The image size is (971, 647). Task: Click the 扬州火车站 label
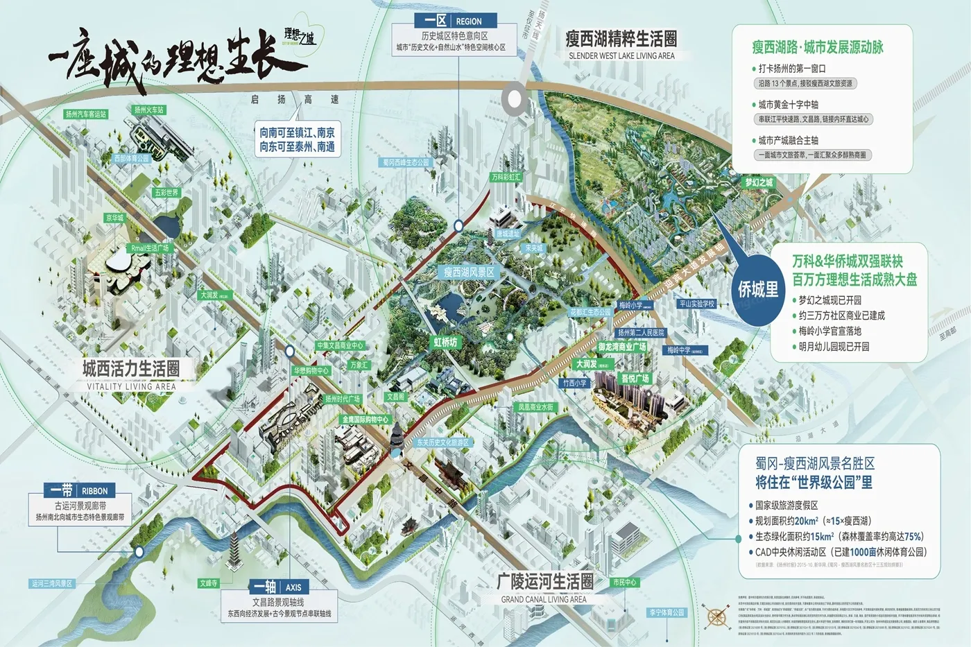tap(149, 110)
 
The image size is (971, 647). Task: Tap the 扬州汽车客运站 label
tap(86, 114)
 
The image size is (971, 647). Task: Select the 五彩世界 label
tap(166, 193)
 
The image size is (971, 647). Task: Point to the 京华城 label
tap(114, 218)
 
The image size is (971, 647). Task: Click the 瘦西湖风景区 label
tap(470, 273)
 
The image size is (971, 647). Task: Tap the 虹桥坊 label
tap(446, 342)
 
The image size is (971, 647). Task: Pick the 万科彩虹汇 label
tap(506, 177)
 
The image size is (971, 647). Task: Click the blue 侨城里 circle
tap(758, 289)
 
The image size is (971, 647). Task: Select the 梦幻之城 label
tap(759, 182)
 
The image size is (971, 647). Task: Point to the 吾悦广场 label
tap(635, 379)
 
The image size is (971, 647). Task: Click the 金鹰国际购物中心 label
tap(366, 420)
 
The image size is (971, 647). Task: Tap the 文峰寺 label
tap(209, 583)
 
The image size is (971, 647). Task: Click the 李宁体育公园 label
tap(667, 612)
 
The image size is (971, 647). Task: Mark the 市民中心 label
tap(625, 582)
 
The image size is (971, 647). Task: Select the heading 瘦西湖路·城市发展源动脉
tap(818, 47)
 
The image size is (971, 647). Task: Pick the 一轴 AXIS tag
tap(277, 587)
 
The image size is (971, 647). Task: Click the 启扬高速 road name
tap(295, 99)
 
